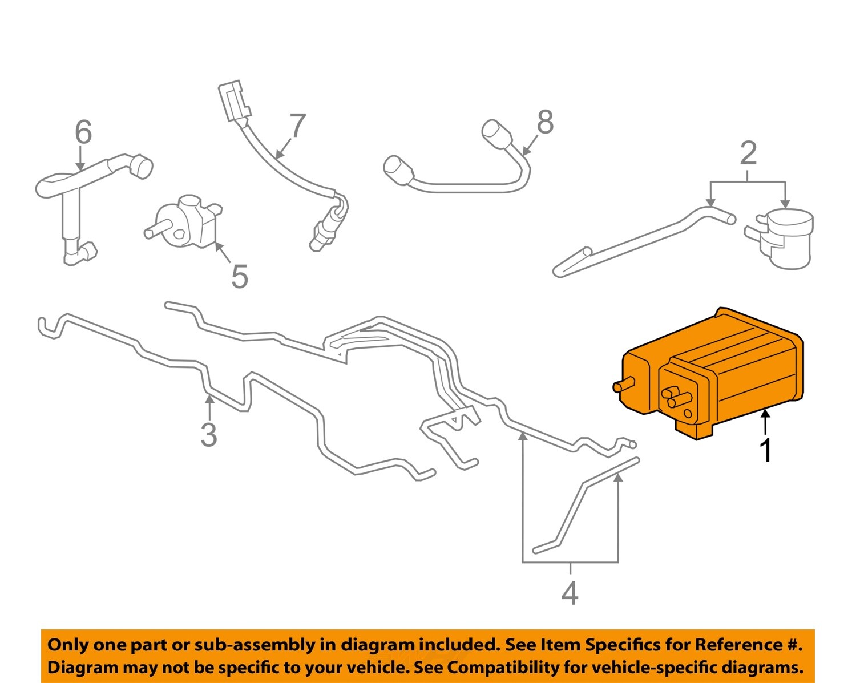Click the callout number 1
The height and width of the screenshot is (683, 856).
(x=766, y=450)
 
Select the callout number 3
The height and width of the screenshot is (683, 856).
(x=209, y=435)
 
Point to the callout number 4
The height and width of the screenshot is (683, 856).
(x=570, y=593)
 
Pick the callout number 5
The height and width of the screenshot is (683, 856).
(x=240, y=277)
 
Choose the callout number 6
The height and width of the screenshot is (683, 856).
(x=83, y=132)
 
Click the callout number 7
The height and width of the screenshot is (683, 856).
(x=297, y=126)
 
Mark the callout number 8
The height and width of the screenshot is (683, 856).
(x=545, y=122)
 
